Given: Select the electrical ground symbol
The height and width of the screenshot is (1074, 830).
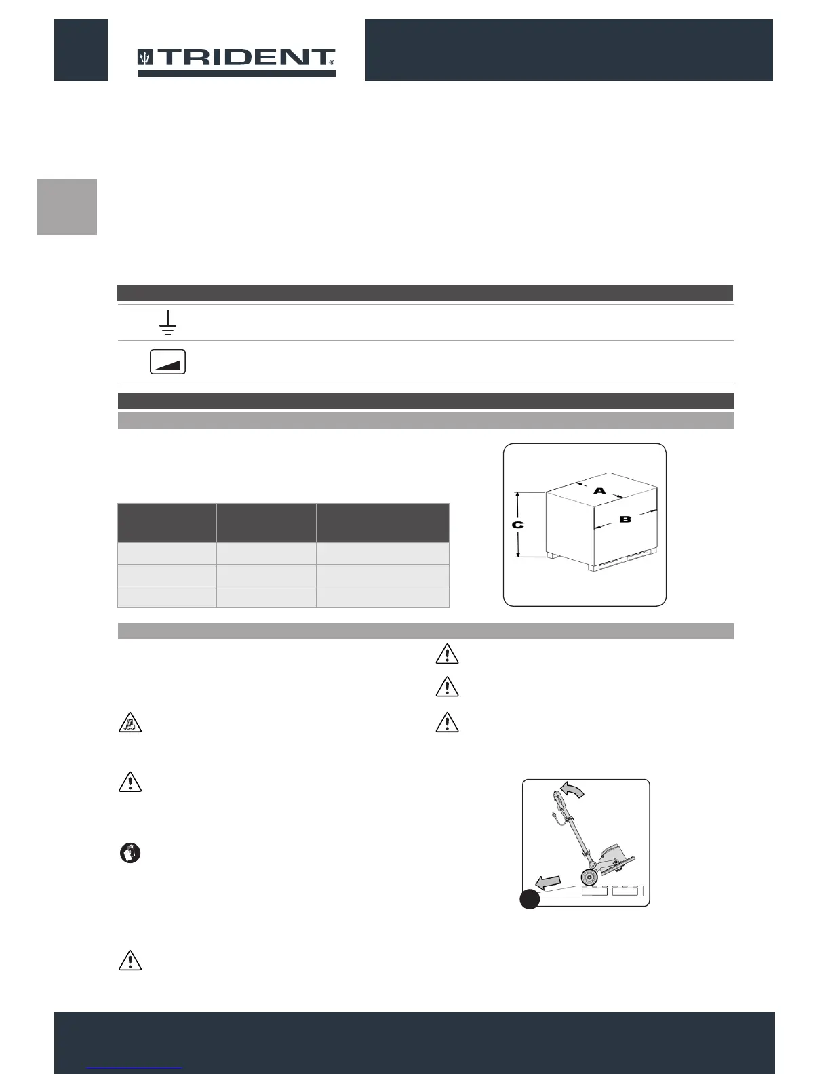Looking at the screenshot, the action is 167,322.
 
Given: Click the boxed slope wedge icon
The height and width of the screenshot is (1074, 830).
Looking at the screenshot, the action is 167,362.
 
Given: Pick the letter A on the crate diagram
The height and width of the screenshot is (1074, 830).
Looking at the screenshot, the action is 599,490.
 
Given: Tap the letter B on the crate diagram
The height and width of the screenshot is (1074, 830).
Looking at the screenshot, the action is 625,520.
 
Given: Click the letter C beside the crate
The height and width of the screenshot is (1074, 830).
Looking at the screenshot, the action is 517,525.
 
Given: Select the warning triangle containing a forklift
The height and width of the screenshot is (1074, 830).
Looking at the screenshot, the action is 130,723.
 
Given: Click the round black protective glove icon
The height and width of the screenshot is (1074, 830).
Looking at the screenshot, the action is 130,853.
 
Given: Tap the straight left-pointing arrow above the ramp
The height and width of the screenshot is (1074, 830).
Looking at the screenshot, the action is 549,881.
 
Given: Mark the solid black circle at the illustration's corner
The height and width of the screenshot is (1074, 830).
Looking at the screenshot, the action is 530,899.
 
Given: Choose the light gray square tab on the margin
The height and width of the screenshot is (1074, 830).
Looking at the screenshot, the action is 66,207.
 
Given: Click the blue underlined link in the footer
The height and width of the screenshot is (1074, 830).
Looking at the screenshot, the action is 136,1068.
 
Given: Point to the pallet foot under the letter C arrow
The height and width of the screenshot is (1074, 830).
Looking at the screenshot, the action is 553,556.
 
